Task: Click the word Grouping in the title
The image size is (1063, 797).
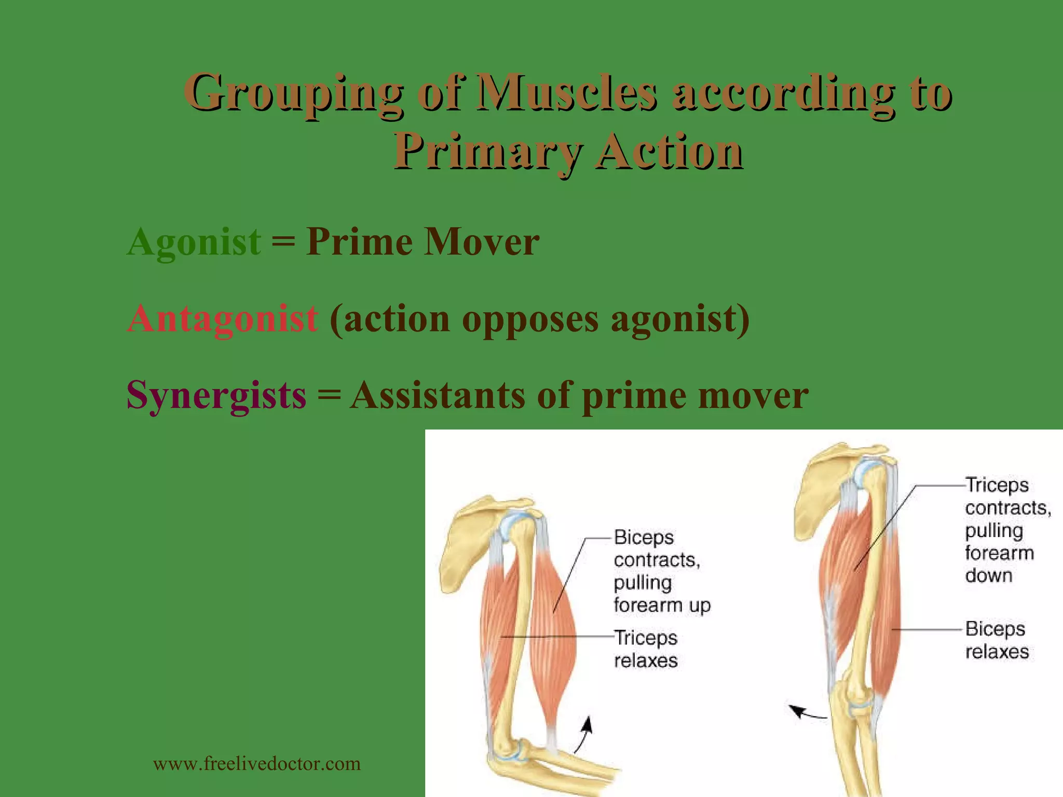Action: [x=294, y=93]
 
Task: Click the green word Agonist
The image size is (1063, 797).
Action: [x=194, y=242]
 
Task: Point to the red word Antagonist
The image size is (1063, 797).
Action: [x=222, y=319]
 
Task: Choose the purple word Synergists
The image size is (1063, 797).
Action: [x=216, y=395]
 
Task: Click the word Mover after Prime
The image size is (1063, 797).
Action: [x=481, y=242]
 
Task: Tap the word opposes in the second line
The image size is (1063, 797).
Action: [x=530, y=319]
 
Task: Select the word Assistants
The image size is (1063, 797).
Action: [x=438, y=395]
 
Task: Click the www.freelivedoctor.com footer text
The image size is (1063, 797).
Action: [x=257, y=764]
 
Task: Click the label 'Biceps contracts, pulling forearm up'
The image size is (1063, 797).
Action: [x=661, y=571]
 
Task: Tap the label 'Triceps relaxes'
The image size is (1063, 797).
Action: [x=646, y=649]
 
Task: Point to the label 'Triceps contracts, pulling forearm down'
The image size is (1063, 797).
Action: [x=1007, y=530]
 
